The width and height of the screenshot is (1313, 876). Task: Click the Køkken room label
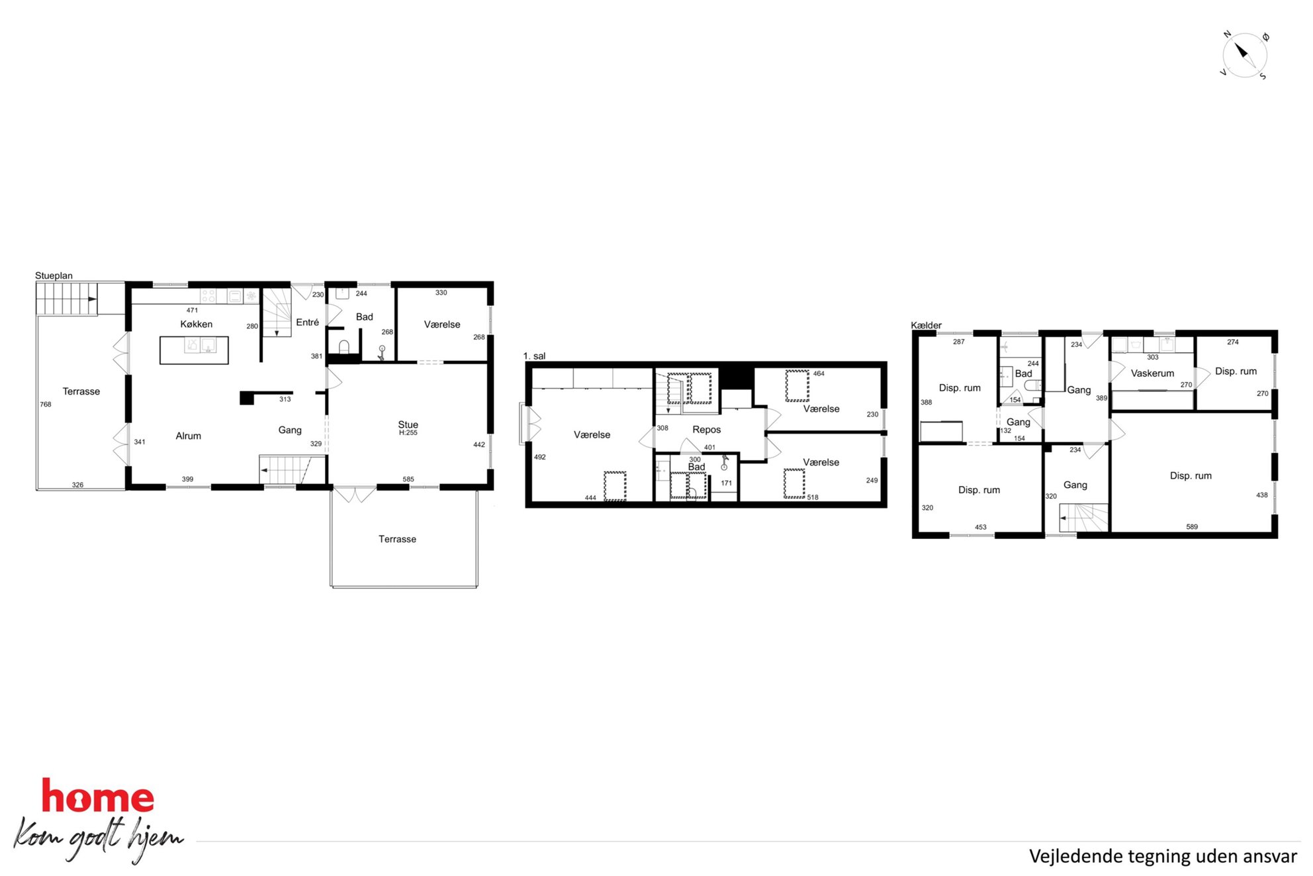click(197, 324)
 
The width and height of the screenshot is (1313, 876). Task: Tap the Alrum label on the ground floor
click(189, 436)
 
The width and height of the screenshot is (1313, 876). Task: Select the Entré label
click(307, 322)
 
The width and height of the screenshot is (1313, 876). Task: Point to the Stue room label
click(408, 424)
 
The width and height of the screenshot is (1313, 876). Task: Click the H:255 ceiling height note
click(408, 433)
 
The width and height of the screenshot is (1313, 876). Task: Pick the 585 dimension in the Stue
click(408, 479)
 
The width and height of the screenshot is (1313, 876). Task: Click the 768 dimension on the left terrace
click(46, 405)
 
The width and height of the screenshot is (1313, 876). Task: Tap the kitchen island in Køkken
click(194, 350)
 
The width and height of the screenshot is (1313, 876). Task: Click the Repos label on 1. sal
click(707, 430)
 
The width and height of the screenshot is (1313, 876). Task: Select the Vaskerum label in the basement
click(1153, 373)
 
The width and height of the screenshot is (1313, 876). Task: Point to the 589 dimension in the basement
click(1192, 527)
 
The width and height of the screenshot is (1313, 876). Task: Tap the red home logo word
click(98, 796)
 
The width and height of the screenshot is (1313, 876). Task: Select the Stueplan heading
click(54, 276)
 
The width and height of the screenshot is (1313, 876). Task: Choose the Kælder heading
click(926, 325)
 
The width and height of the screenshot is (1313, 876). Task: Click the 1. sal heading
click(534, 356)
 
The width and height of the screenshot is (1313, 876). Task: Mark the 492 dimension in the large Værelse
click(540, 458)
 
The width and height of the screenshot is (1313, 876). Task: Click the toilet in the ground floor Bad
click(344, 347)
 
